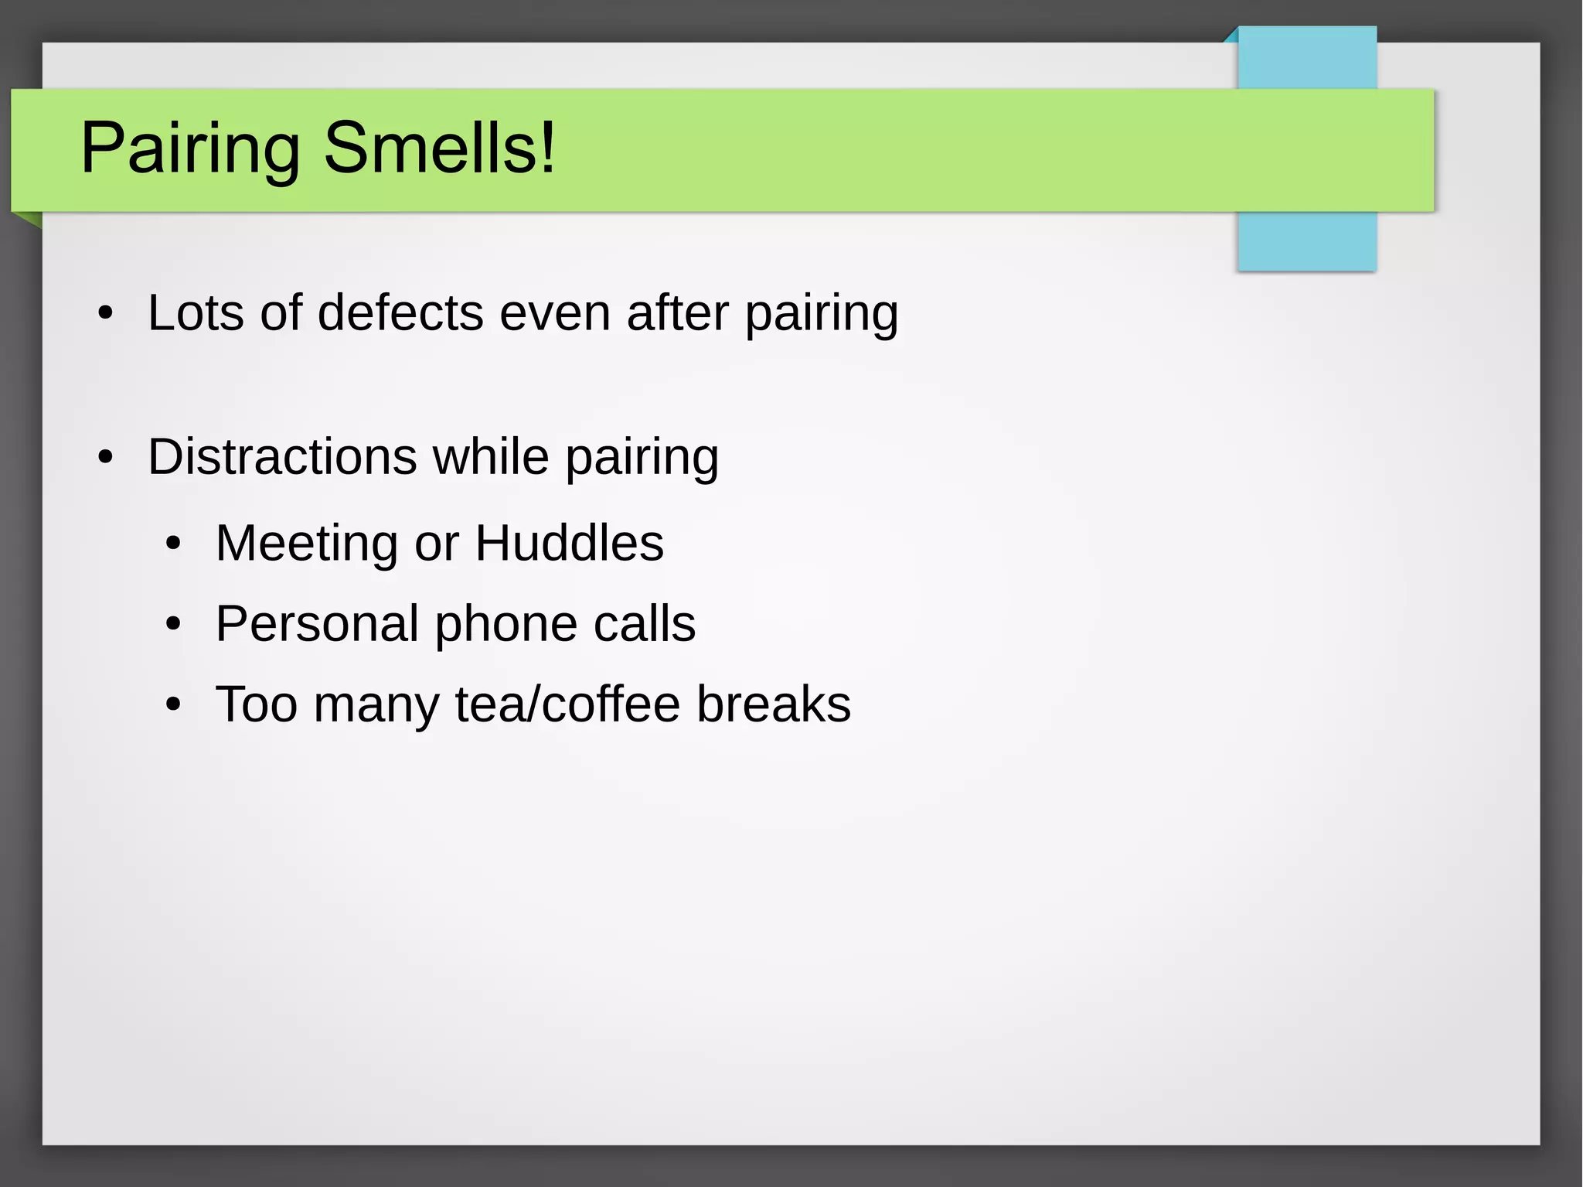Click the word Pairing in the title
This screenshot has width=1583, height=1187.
coord(189,148)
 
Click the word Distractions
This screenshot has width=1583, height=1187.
coord(282,456)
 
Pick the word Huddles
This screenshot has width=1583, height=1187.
coord(569,543)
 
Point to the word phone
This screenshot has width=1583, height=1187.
coord(506,625)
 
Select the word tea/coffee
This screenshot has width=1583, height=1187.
coord(567,704)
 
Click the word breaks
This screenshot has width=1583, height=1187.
coord(773,704)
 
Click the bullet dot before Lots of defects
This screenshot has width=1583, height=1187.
coord(106,314)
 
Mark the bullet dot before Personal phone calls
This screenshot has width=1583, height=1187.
coord(173,625)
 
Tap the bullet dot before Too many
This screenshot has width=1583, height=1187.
coord(173,705)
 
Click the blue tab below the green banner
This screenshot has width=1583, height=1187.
coord(1306,241)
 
